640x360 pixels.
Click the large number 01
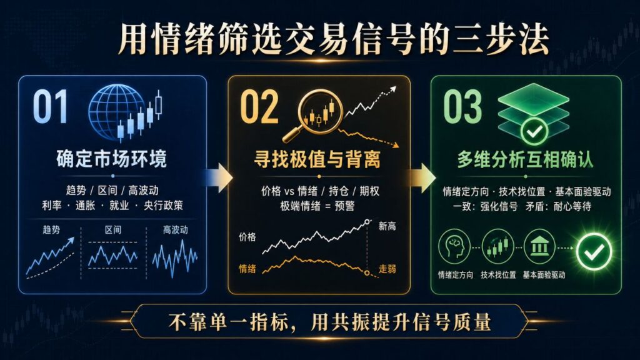pos(50,106)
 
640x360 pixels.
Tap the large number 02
pos(259,107)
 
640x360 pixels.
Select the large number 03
pos(462,107)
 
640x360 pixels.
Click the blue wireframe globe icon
pos(117,112)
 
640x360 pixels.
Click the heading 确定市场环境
pos(111,159)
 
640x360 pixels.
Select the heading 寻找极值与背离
pos(317,159)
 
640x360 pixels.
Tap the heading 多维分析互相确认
pos(525,159)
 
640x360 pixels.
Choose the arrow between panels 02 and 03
pos(421,178)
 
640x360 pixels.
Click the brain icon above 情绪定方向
pos(454,247)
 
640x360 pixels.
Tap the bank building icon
pos(539,247)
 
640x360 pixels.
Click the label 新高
pos(387,226)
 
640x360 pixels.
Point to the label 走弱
pos(387,269)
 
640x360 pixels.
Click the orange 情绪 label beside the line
pos(247,269)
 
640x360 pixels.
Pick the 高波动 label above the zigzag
pos(176,230)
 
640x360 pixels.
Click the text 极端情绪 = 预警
pos(317,206)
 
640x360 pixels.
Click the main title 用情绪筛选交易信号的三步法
pos(334,39)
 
